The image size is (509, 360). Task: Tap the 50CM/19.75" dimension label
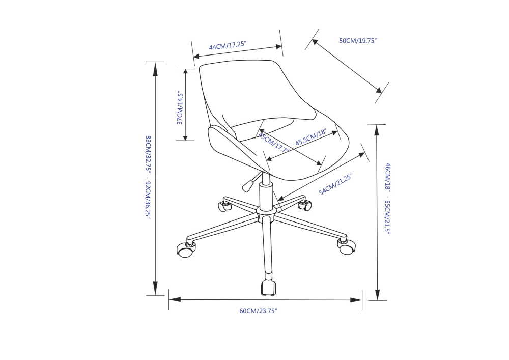point(358,41)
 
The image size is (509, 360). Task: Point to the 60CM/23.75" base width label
point(258,311)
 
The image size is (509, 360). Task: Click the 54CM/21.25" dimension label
point(335,184)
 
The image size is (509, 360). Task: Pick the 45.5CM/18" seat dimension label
point(310,137)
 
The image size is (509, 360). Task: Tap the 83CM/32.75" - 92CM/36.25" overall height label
point(148,177)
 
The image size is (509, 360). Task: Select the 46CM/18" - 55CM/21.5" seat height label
point(387,198)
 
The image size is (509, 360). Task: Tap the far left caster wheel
point(185,250)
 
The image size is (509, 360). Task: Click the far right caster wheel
point(347,247)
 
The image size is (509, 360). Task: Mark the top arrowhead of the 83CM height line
point(155,69)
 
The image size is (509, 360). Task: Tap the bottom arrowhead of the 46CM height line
point(377,295)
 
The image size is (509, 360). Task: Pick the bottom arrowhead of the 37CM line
point(185,136)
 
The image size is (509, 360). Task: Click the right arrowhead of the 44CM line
point(278,47)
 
